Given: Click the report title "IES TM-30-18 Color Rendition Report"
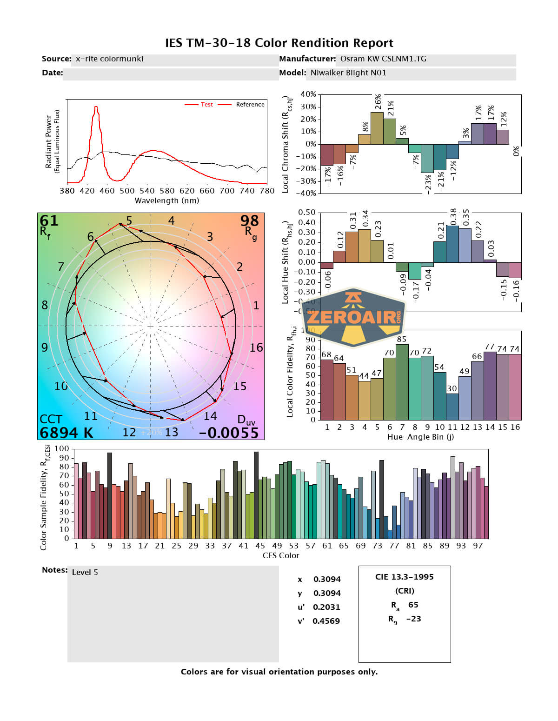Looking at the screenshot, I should click(x=279, y=43).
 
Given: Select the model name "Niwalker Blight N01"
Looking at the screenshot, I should click(x=348, y=73).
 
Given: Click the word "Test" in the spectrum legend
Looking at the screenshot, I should click(x=206, y=105).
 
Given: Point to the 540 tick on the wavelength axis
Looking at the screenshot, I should click(x=147, y=191).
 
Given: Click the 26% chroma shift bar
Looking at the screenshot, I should click(x=377, y=128).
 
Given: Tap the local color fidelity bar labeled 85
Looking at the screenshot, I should click(x=402, y=381).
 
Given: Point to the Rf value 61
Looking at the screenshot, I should click(x=49, y=220).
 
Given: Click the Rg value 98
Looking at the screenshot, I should click(x=249, y=220).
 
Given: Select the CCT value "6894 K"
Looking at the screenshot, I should click(x=66, y=433).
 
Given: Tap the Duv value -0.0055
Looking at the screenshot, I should click(x=228, y=433).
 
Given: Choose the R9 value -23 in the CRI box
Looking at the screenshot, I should click(x=413, y=619).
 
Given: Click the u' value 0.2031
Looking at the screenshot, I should click(x=326, y=607).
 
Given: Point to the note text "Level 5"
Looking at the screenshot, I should click(x=85, y=573).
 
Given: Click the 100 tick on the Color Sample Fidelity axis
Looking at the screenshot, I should click(x=61, y=449).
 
